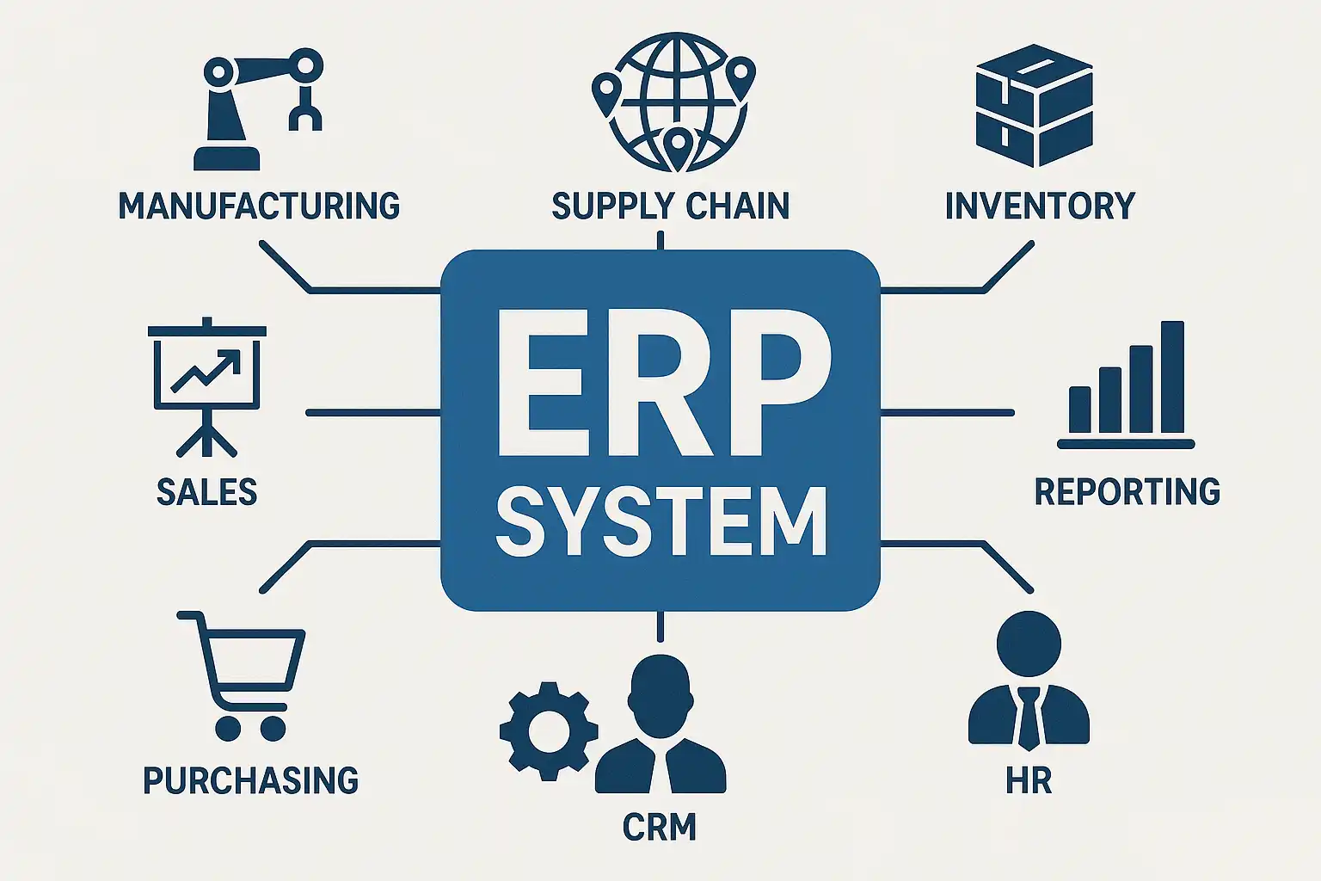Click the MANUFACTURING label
pyautogui.click(x=259, y=206)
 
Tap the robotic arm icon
pyautogui.click(x=249, y=108)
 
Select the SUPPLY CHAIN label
pyautogui.click(x=670, y=206)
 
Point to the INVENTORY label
pyautogui.click(x=1040, y=206)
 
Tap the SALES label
pyautogui.click(x=206, y=492)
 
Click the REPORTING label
pyautogui.click(x=1127, y=491)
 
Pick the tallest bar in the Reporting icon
pyautogui.click(x=1172, y=377)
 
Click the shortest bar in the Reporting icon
pyautogui.click(x=1079, y=410)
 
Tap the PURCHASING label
pyautogui.click(x=250, y=780)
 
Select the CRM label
pyautogui.click(x=659, y=828)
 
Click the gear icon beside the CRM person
pyautogui.click(x=548, y=730)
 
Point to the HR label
pyautogui.click(x=1029, y=781)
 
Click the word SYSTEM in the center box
pyautogui.click(x=660, y=521)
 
